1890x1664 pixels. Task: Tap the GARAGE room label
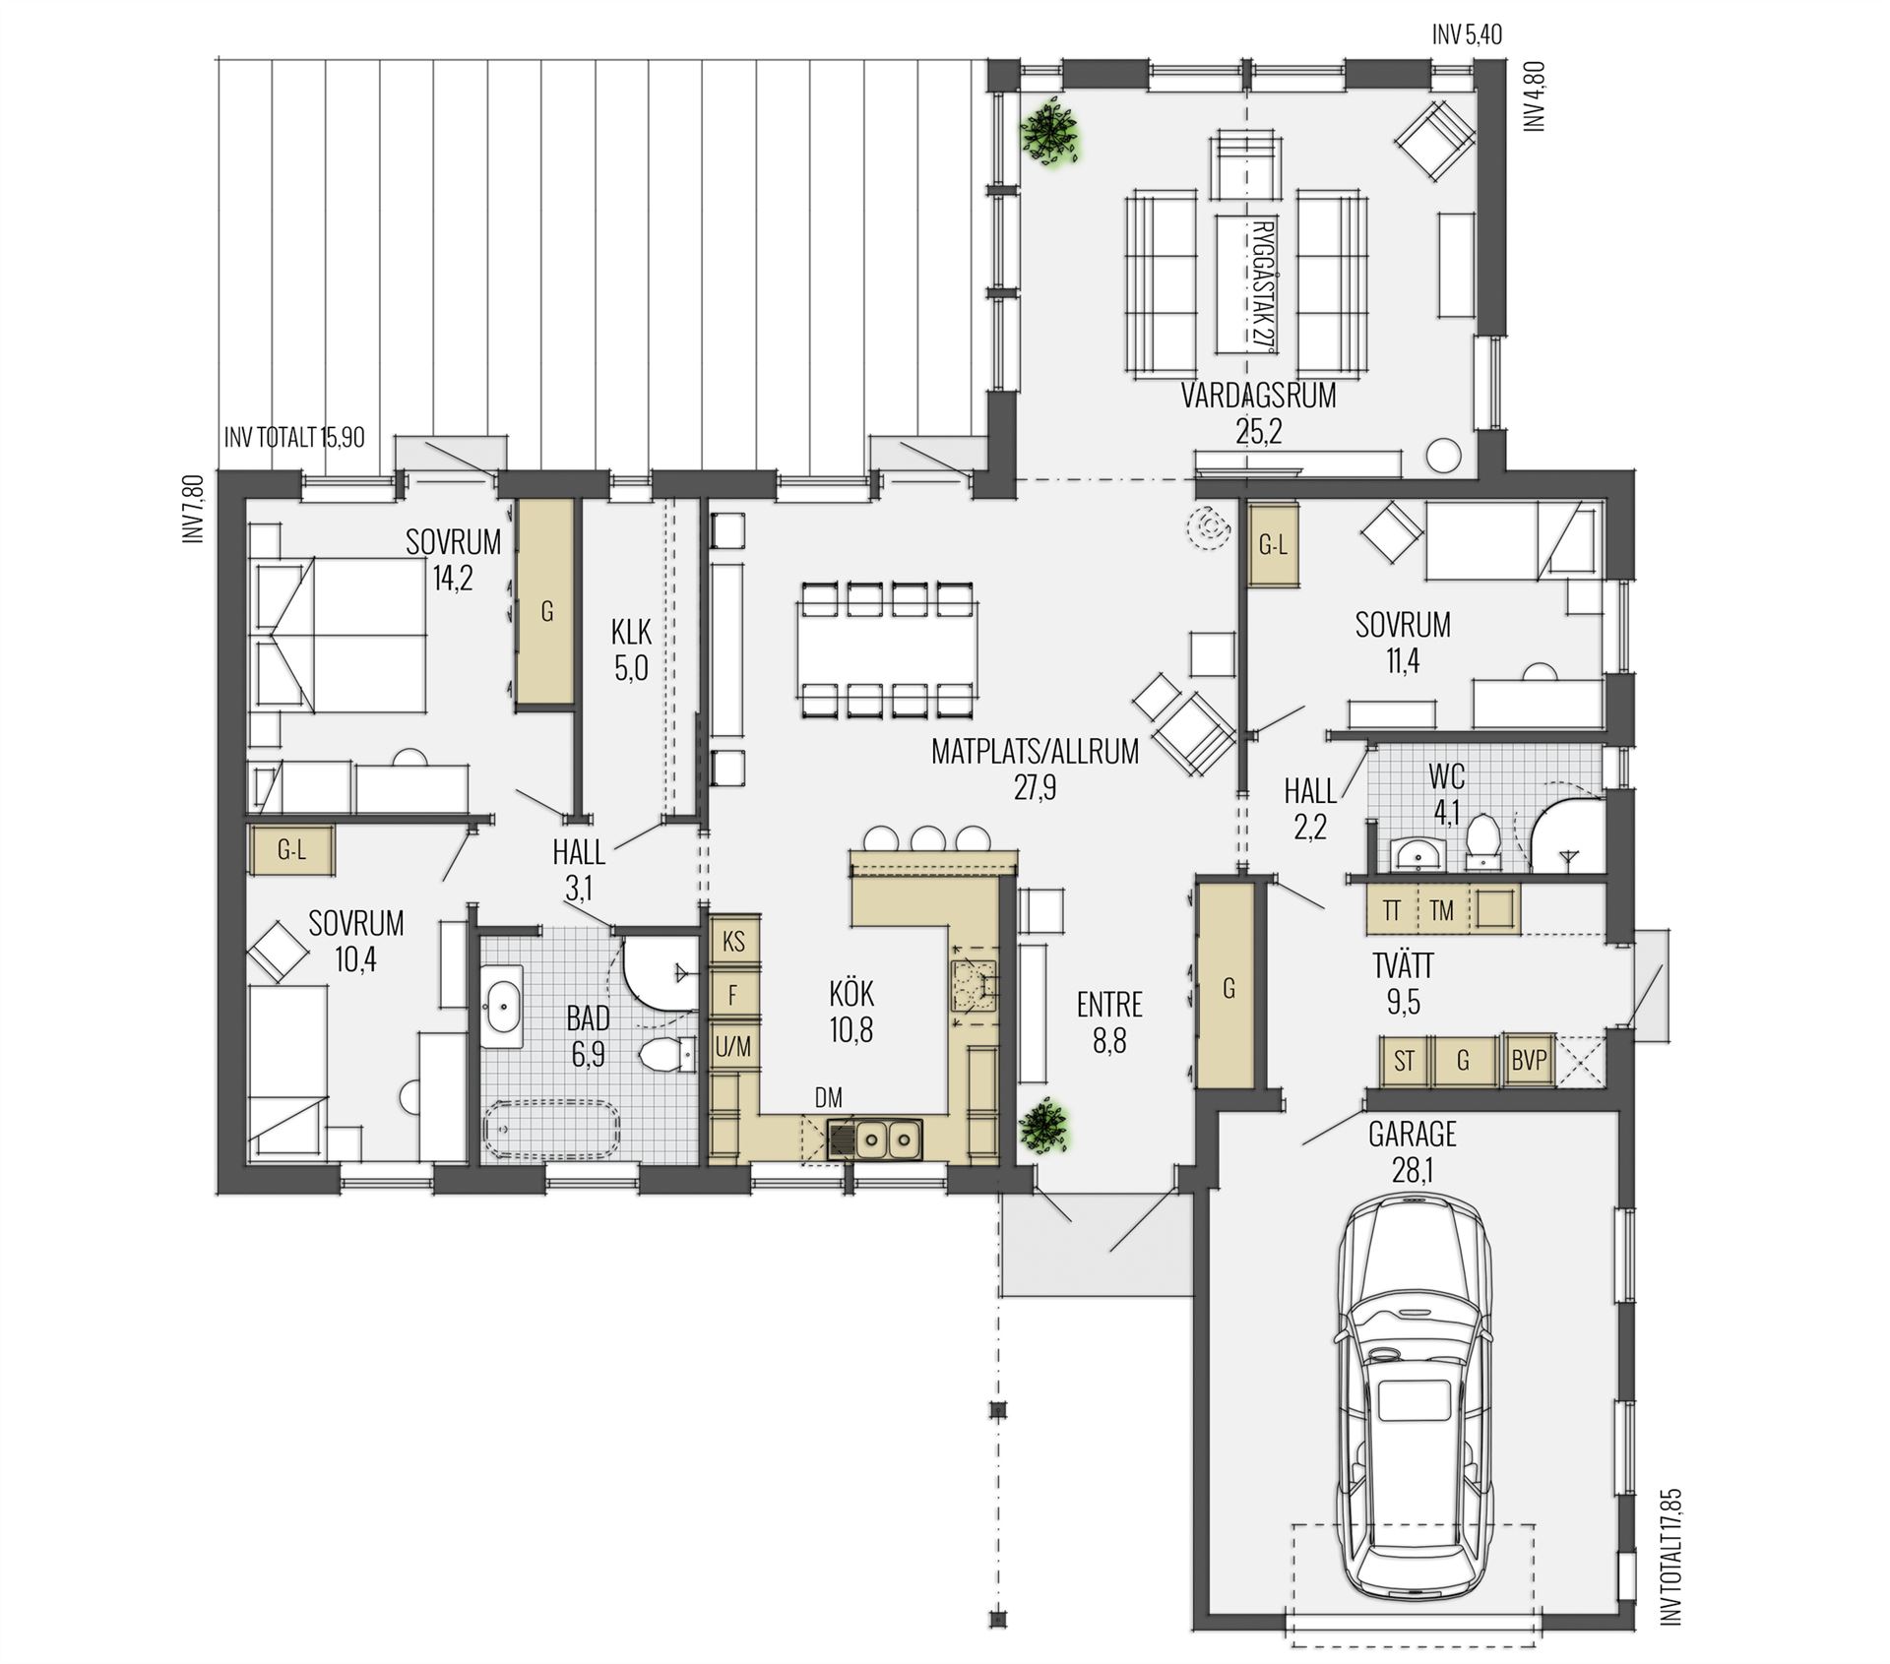[x=1412, y=1135]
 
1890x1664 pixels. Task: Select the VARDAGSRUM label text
[x=1259, y=396]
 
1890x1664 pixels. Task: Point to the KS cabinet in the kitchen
[x=734, y=942]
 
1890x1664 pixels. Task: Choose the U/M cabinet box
[x=733, y=1048]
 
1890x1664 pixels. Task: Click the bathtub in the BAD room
[x=552, y=1130]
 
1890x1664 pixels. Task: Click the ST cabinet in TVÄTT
[x=1405, y=1061]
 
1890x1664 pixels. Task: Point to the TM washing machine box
[x=1442, y=910]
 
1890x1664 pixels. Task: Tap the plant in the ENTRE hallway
[x=1043, y=1127]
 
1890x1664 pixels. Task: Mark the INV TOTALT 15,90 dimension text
[x=294, y=437]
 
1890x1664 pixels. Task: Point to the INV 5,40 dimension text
[x=1467, y=35]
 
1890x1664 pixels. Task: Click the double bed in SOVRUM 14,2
[x=339, y=635]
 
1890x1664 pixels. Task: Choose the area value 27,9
[x=1035, y=787]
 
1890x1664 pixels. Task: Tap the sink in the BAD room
[x=503, y=1006]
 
